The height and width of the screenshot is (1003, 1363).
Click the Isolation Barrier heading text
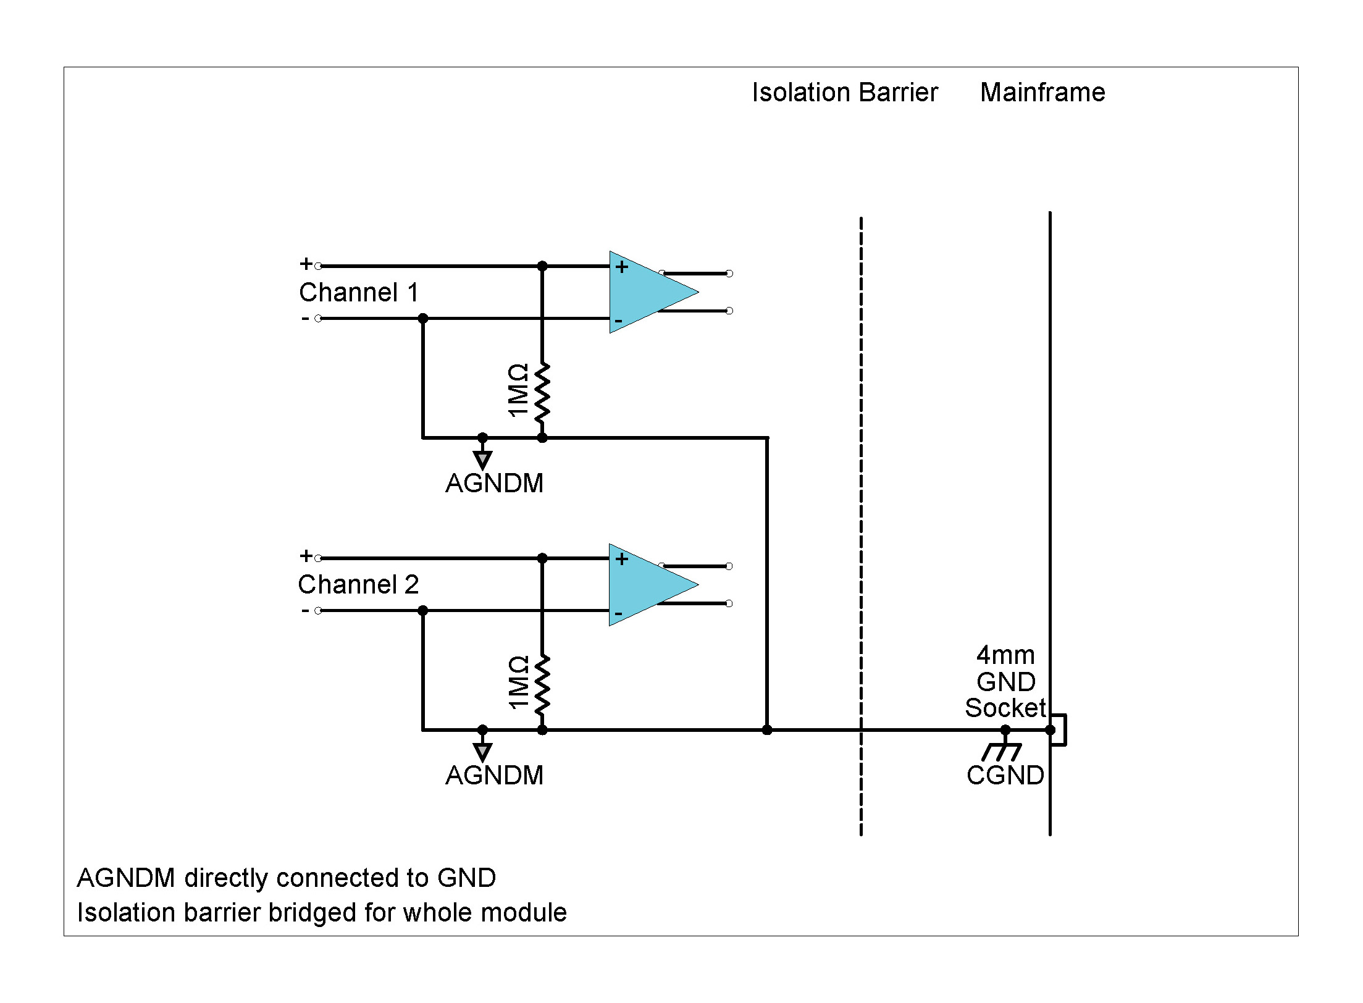click(844, 93)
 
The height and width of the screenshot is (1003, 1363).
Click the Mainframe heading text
click(1042, 93)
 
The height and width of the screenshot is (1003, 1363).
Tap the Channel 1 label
click(359, 292)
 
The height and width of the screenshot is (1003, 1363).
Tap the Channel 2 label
click(358, 584)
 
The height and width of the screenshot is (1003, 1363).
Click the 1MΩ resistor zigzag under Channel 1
click(542, 393)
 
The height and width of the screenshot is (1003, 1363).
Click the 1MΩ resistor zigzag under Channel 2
click(542, 685)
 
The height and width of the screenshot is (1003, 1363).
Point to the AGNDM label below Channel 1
click(494, 484)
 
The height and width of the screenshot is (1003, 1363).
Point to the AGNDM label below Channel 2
click(494, 776)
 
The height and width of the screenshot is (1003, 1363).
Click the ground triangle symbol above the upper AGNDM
click(482, 460)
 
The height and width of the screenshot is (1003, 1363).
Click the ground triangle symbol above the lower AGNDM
click(482, 752)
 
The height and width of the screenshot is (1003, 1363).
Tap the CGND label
click(1005, 776)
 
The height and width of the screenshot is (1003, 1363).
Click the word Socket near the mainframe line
click(1005, 708)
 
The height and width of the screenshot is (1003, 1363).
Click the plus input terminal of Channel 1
click(318, 266)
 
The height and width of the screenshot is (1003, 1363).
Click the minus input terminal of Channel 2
click(318, 611)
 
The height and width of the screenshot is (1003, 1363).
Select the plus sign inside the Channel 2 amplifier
click(622, 559)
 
